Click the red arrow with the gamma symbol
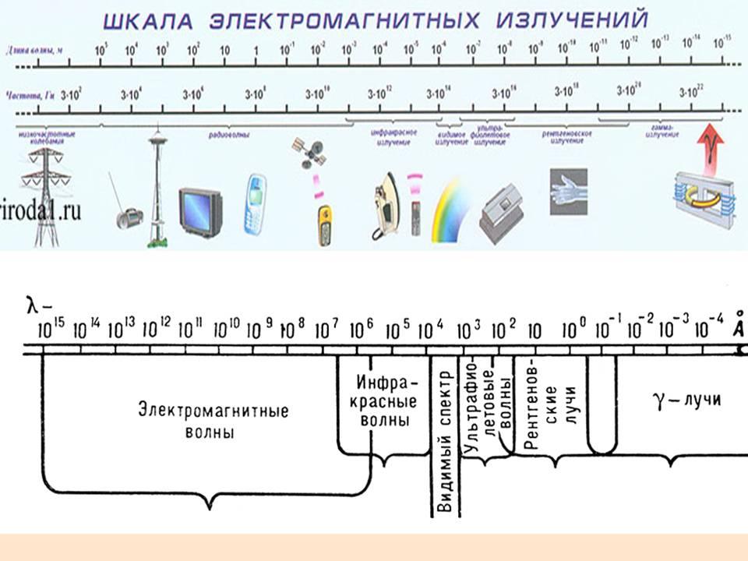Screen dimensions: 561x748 point(710,144)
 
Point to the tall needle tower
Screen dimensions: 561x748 point(158,187)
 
